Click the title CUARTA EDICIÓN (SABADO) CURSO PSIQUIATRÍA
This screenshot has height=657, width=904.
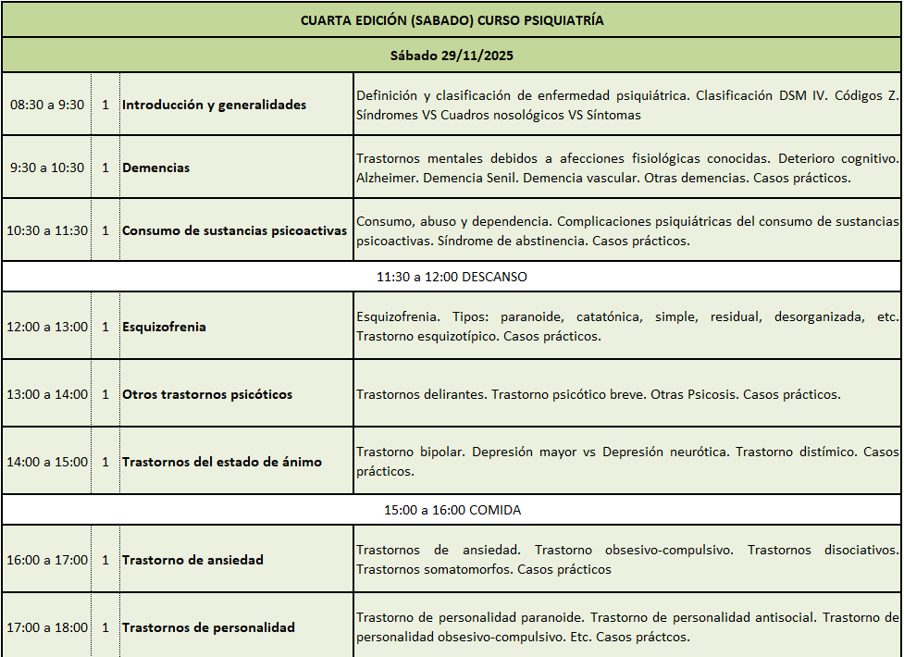click(452, 19)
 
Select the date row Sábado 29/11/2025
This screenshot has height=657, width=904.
click(452, 56)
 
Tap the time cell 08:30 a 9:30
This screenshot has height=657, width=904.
click(47, 105)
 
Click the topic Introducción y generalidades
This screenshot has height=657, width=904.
click(214, 105)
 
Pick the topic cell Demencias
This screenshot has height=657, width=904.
click(155, 167)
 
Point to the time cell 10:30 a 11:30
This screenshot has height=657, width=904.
click(47, 230)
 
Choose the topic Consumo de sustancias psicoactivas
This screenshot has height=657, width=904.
click(234, 230)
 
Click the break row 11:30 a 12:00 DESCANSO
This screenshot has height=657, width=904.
click(452, 277)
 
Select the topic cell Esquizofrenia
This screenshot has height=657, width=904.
click(164, 327)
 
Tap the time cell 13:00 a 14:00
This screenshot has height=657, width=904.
click(47, 394)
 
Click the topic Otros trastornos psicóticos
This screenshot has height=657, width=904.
click(207, 394)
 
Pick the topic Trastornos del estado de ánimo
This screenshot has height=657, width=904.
click(222, 462)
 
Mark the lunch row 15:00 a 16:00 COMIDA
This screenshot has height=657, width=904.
click(452, 510)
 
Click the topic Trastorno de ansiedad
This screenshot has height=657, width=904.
click(192, 560)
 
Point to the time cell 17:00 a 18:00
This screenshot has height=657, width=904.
click(47, 627)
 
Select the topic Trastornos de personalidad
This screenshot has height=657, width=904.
click(208, 627)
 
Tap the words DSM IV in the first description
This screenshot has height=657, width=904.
click(800, 95)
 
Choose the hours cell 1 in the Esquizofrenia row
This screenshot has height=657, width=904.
click(105, 327)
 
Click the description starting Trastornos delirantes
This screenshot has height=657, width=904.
click(598, 394)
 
